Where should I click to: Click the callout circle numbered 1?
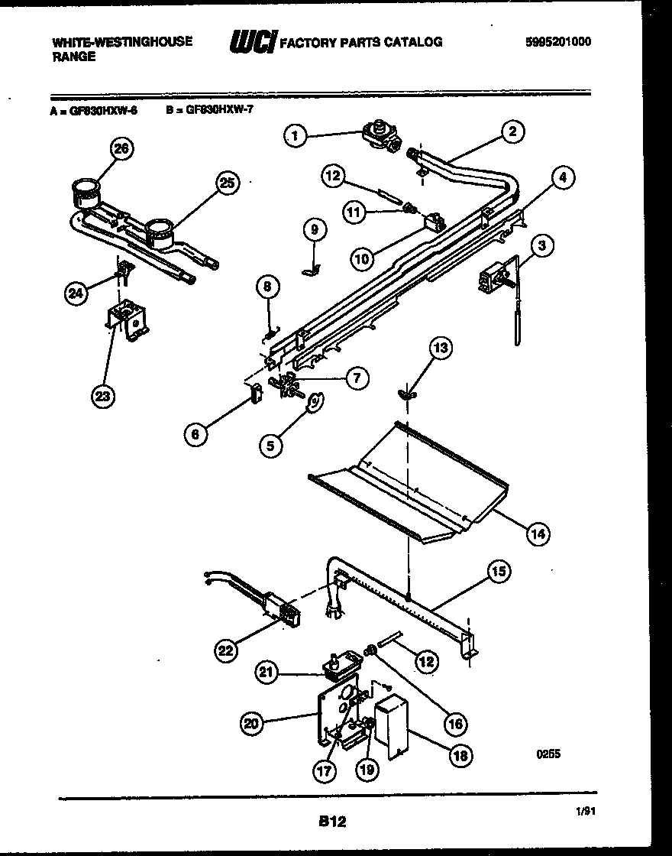[x=295, y=137]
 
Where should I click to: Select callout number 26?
[x=120, y=149]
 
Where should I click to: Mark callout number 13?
[x=441, y=349]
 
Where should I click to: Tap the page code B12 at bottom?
[x=331, y=822]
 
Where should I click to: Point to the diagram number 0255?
[x=548, y=753]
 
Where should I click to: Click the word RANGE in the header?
[x=74, y=57]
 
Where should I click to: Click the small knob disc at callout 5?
[x=314, y=402]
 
